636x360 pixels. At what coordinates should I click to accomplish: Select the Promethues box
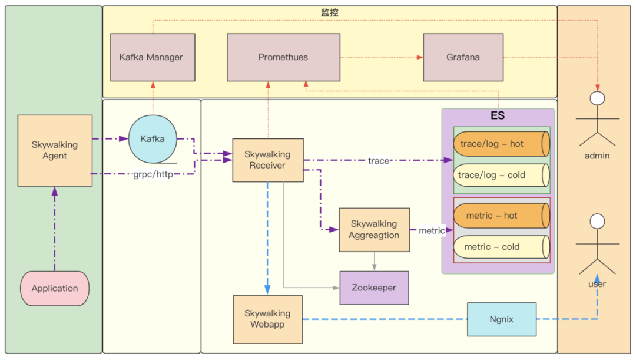click(x=283, y=57)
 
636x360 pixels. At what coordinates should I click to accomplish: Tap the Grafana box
click(x=463, y=57)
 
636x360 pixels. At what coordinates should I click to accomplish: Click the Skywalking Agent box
click(x=55, y=150)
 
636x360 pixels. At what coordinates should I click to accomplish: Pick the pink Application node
click(x=55, y=288)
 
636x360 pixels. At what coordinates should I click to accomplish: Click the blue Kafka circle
click(x=153, y=139)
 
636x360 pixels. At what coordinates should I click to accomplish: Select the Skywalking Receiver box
click(x=268, y=160)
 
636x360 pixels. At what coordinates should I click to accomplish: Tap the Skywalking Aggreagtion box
click(x=374, y=229)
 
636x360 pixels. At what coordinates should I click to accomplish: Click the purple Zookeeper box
click(x=374, y=288)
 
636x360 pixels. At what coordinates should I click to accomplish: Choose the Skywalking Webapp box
click(x=267, y=319)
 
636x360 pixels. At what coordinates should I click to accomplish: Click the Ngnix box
click(x=501, y=319)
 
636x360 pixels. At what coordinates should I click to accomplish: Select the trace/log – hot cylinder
click(x=501, y=144)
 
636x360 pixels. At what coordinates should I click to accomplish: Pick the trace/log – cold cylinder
click(x=501, y=175)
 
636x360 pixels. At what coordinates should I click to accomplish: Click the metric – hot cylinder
click(x=501, y=216)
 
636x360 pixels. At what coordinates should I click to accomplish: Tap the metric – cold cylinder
click(x=501, y=247)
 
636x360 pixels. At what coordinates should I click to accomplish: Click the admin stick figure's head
click(x=598, y=98)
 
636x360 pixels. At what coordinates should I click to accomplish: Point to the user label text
click(x=597, y=284)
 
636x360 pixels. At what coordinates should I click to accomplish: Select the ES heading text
click(x=498, y=116)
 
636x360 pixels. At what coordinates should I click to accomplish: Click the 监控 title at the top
click(x=330, y=12)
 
